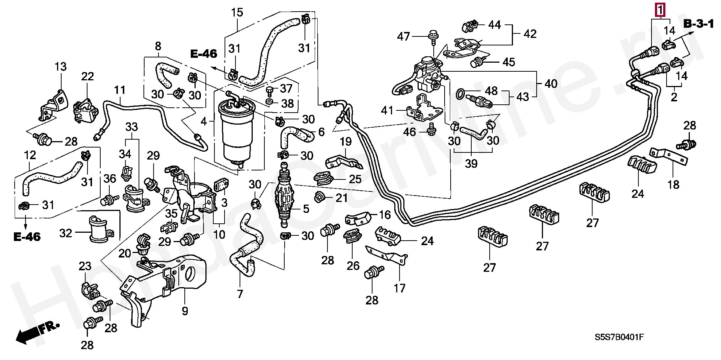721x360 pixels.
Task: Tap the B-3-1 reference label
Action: [698, 24]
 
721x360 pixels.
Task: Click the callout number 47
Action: [404, 36]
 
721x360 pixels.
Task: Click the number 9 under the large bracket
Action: [185, 311]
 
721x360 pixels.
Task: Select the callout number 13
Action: [60, 67]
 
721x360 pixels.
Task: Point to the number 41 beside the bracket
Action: [387, 111]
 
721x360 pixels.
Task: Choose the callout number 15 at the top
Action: [237, 12]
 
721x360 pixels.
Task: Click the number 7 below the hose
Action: [240, 294]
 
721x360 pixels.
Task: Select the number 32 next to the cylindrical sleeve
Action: [65, 233]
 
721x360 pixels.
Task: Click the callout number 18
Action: [674, 184]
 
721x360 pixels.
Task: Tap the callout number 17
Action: [400, 288]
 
